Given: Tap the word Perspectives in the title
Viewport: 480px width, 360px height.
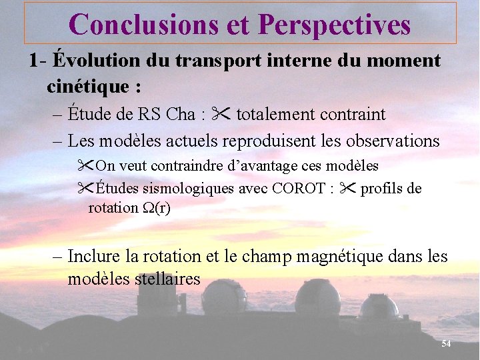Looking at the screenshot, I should [334, 24].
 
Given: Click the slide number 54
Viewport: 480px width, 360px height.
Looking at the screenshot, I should [446, 343].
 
